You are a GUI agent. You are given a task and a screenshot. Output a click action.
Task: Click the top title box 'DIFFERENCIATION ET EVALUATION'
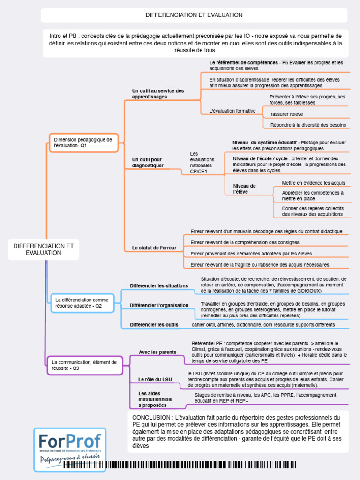tap(194, 15)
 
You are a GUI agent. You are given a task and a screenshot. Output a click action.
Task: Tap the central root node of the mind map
tap(44, 249)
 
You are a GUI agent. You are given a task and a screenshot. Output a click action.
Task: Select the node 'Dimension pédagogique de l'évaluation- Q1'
tap(83, 142)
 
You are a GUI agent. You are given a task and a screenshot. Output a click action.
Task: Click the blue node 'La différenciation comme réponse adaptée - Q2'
tap(82, 303)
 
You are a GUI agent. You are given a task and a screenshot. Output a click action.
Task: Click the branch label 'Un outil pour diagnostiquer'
tap(148, 163)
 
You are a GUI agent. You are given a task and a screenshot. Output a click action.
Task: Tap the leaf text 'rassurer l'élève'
tap(287, 114)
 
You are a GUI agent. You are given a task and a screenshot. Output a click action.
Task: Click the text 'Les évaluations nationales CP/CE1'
tap(201, 163)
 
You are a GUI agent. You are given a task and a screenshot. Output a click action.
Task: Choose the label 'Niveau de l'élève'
tap(244, 189)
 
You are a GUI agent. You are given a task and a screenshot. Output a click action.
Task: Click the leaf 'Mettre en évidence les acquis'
tap(313, 183)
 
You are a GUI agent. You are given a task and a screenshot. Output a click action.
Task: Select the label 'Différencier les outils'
tap(154, 324)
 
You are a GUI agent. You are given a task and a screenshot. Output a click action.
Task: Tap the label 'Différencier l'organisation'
tap(159, 305)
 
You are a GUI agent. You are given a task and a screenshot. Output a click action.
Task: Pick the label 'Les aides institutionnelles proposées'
tap(156, 399)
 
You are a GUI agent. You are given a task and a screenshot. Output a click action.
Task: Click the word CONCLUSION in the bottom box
tap(151, 417)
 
